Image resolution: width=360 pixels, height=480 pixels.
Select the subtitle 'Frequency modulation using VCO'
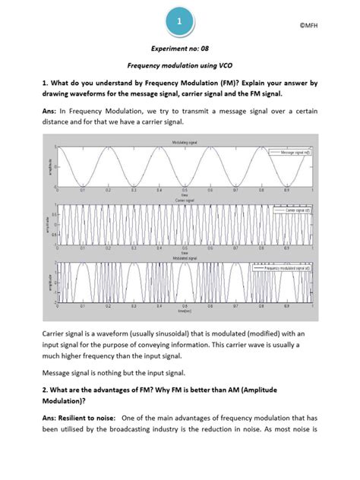click(x=179, y=67)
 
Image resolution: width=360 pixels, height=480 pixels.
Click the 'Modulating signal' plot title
click(x=179, y=142)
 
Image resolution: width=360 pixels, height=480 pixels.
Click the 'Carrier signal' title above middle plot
click(x=179, y=201)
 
